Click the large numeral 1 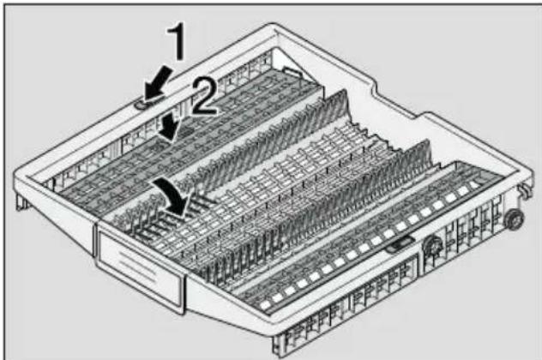pos(177,41)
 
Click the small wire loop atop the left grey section pos(292,71)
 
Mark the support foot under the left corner pos(21,202)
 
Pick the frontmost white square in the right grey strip pos(266,305)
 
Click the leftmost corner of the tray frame pos(15,173)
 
